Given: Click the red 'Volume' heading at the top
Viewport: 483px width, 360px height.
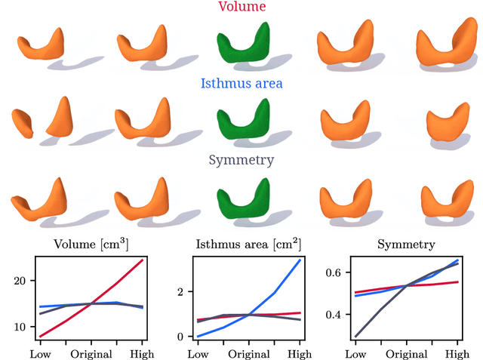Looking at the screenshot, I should (241, 7).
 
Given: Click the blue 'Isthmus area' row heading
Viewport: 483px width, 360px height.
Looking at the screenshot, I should (241, 84).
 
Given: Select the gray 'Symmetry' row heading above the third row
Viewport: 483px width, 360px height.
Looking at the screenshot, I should (241, 160).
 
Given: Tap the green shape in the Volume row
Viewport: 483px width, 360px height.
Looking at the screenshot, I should (242, 45).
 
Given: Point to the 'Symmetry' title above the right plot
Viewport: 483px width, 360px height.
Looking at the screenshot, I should (406, 245).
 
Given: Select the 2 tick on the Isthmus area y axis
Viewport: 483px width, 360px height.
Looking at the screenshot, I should (180, 291).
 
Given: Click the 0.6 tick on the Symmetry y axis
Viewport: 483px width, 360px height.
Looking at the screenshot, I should (333, 272).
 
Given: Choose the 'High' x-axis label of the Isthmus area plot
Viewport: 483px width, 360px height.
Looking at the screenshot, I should (300, 353).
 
